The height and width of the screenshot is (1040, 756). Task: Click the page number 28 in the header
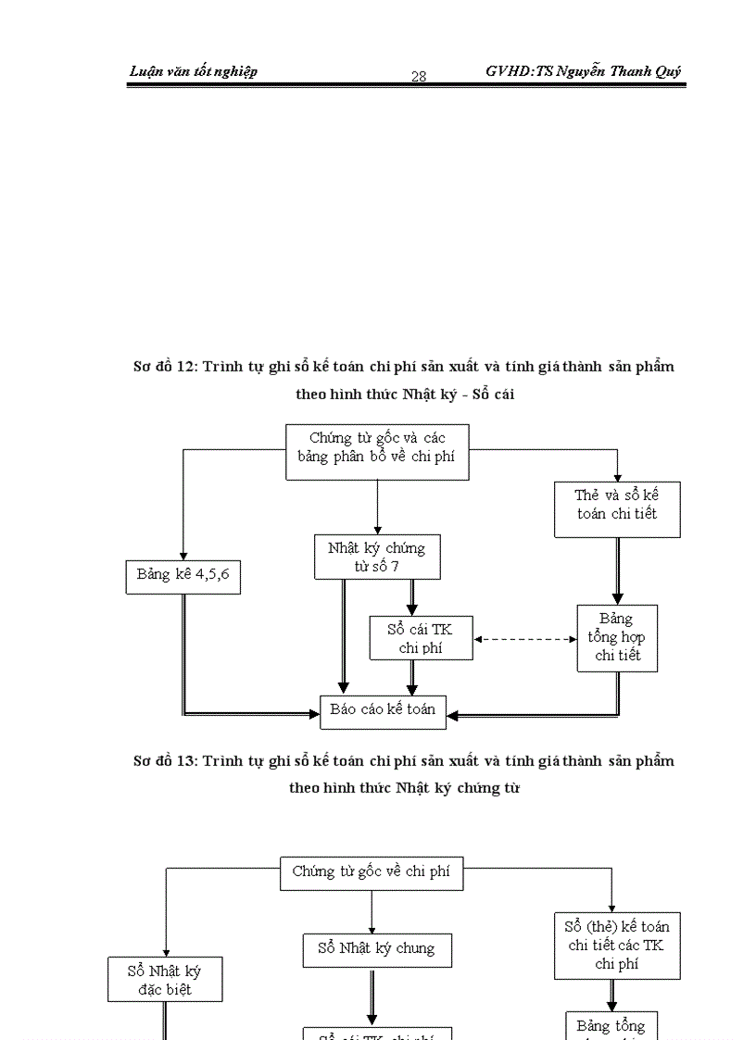[419, 77]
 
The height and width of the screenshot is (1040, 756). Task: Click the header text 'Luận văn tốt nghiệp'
[194, 71]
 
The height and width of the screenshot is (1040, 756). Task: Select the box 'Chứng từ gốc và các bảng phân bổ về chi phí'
[377, 452]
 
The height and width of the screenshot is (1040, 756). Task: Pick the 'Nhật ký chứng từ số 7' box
[377, 557]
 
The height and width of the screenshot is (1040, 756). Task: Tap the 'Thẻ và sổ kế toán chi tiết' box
[617, 509]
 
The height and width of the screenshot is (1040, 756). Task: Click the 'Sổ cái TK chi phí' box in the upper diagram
[421, 638]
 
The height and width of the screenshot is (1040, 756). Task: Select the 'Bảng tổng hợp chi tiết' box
[617, 638]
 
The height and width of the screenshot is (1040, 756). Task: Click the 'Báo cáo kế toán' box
[383, 710]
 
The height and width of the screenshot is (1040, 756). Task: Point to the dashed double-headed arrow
[524, 639]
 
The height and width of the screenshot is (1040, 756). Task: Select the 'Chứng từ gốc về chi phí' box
[372, 872]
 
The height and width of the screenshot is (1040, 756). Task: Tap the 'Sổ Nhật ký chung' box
[377, 950]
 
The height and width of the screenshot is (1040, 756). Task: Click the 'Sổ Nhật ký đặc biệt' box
[165, 980]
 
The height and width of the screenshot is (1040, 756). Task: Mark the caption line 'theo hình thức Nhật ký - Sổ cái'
[405, 395]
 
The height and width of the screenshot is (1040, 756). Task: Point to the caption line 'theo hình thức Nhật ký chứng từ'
[405, 789]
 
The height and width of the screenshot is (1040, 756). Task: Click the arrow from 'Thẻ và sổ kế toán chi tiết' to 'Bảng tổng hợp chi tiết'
[618, 571]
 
